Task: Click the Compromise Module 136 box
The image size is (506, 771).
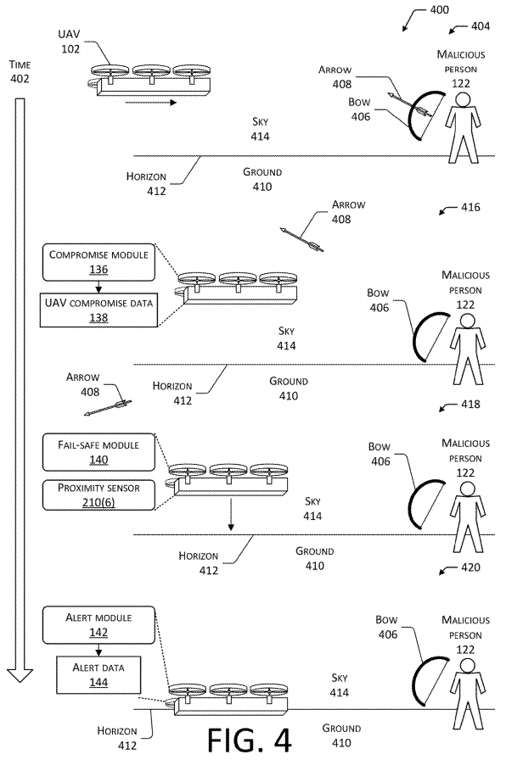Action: point(98,262)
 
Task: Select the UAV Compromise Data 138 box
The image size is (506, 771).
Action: point(98,310)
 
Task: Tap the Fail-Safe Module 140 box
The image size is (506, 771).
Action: point(98,452)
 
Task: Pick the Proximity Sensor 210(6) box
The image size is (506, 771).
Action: point(98,495)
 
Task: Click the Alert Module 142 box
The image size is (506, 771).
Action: point(98,625)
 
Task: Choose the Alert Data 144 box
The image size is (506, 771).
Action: point(98,675)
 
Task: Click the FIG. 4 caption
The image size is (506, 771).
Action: point(249,740)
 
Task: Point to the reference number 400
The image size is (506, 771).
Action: point(439,10)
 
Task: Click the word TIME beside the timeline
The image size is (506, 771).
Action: point(20,64)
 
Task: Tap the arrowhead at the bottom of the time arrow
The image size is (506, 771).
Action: point(20,676)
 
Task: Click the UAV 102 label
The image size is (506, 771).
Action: point(70,42)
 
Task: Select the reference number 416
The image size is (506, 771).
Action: point(470,207)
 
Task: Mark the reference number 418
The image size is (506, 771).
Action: point(470,405)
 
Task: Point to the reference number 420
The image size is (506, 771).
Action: point(470,567)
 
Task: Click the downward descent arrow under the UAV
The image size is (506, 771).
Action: point(230,514)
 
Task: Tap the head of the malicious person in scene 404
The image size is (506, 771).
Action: point(462,100)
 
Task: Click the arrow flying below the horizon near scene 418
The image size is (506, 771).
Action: point(108,408)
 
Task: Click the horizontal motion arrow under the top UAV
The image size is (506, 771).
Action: point(150,103)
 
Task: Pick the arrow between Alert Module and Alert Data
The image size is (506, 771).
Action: point(98,650)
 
